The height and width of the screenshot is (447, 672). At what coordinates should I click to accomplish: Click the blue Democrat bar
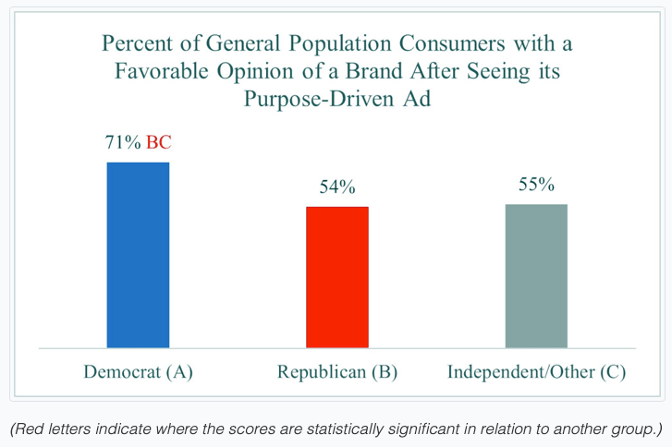[x=139, y=255]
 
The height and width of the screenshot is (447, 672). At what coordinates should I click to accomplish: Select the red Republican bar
[x=337, y=277]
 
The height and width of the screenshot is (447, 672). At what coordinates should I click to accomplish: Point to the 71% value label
[x=123, y=144]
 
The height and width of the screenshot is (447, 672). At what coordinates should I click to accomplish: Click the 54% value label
[x=337, y=187]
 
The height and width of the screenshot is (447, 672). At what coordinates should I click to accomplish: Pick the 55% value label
[x=536, y=185]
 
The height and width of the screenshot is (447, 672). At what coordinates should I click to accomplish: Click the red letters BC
[x=159, y=144]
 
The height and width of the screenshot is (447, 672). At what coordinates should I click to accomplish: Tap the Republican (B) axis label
[x=337, y=372]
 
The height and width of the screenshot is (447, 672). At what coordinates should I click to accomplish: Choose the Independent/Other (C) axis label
[x=536, y=372]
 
